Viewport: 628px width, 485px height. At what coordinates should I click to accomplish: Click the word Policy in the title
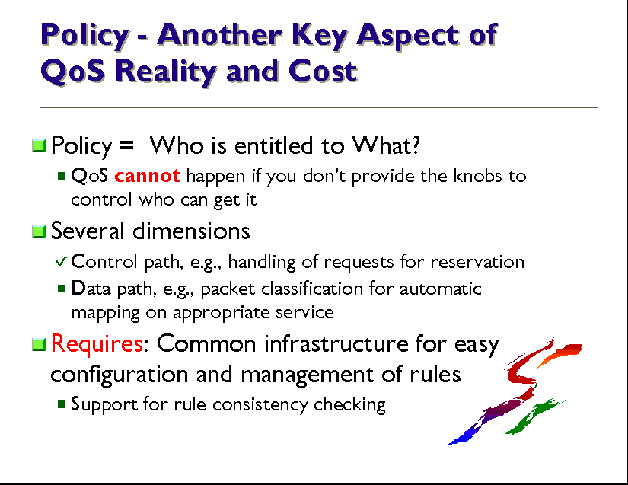(85, 36)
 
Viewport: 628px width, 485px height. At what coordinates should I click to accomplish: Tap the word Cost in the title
(323, 72)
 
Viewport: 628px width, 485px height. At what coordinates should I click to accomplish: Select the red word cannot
(148, 176)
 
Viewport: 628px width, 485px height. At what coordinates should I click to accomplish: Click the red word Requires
(97, 344)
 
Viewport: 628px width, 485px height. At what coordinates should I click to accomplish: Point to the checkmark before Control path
(62, 261)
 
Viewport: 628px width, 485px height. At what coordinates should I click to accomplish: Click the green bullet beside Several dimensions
(39, 231)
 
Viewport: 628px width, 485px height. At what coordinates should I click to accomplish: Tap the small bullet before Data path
(62, 289)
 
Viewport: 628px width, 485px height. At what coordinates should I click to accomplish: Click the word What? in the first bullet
(386, 145)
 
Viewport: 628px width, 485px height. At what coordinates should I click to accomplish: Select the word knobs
(477, 176)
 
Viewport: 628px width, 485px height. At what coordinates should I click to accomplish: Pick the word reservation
(477, 263)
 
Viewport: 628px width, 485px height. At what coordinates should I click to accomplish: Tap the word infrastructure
(336, 343)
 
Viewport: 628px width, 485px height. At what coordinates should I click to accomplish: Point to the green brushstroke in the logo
(534, 416)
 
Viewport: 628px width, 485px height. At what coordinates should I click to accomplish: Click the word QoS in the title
(73, 72)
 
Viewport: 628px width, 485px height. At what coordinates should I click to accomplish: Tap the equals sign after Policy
(126, 144)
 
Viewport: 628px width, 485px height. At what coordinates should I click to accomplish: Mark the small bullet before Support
(62, 404)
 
